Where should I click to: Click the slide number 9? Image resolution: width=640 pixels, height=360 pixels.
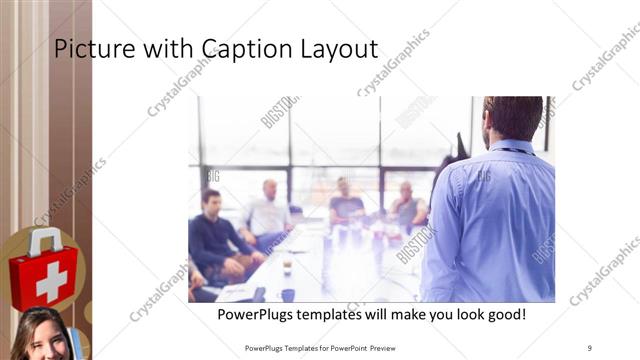590,348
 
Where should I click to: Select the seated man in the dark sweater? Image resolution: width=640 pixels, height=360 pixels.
211,240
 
